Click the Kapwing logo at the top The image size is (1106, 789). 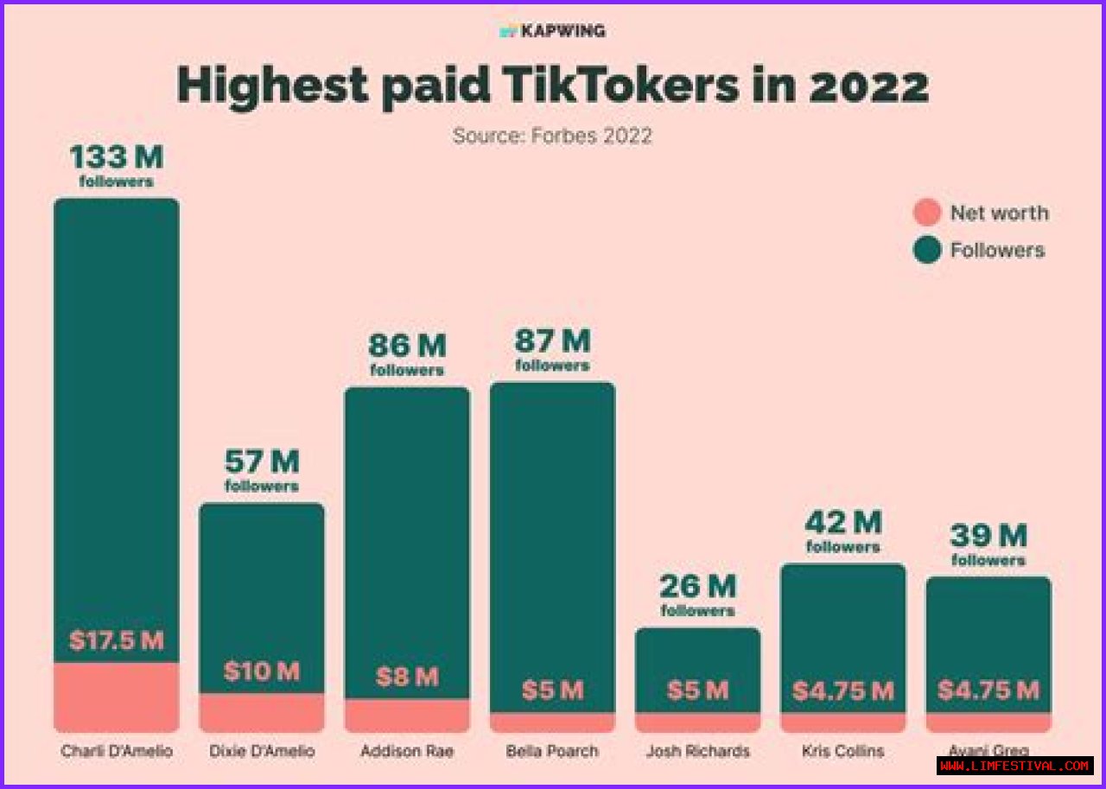pyautogui.click(x=553, y=31)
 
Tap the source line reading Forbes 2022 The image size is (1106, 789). pyautogui.click(x=552, y=136)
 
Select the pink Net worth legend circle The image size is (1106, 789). pyautogui.click(x=927, y=213)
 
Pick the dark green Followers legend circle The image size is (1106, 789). pyautogui.click(x=927, y=251)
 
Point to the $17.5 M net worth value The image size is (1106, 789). pyautogui.click(x=117, y=641)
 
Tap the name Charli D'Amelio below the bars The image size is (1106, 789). pyautogui.click(x=117, y=751)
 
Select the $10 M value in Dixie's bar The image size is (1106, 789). pyautogui.click(x=262, y=671)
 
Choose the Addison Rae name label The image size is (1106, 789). pyautogui.click(x=407, y=751)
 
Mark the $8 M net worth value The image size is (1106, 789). pyautogui.click(x=407, y=677)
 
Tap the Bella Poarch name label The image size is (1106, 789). pyautogui.click(x=552, y=751)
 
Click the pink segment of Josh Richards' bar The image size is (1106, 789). pyautogui.click(x=697, y=722)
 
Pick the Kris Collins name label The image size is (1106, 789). pyautogui.click(x=842, y=751)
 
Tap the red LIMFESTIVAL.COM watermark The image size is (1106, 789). pyautogui.click(x=1014, y=766)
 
